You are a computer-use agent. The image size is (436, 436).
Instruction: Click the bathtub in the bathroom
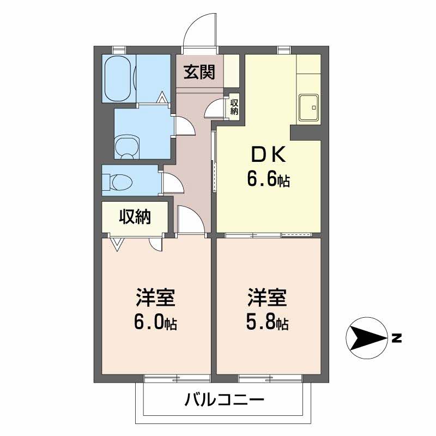[117, 77]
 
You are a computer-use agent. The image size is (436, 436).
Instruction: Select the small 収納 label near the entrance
[234, 105]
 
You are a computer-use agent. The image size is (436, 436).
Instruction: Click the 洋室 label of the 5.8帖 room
[267, 299]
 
